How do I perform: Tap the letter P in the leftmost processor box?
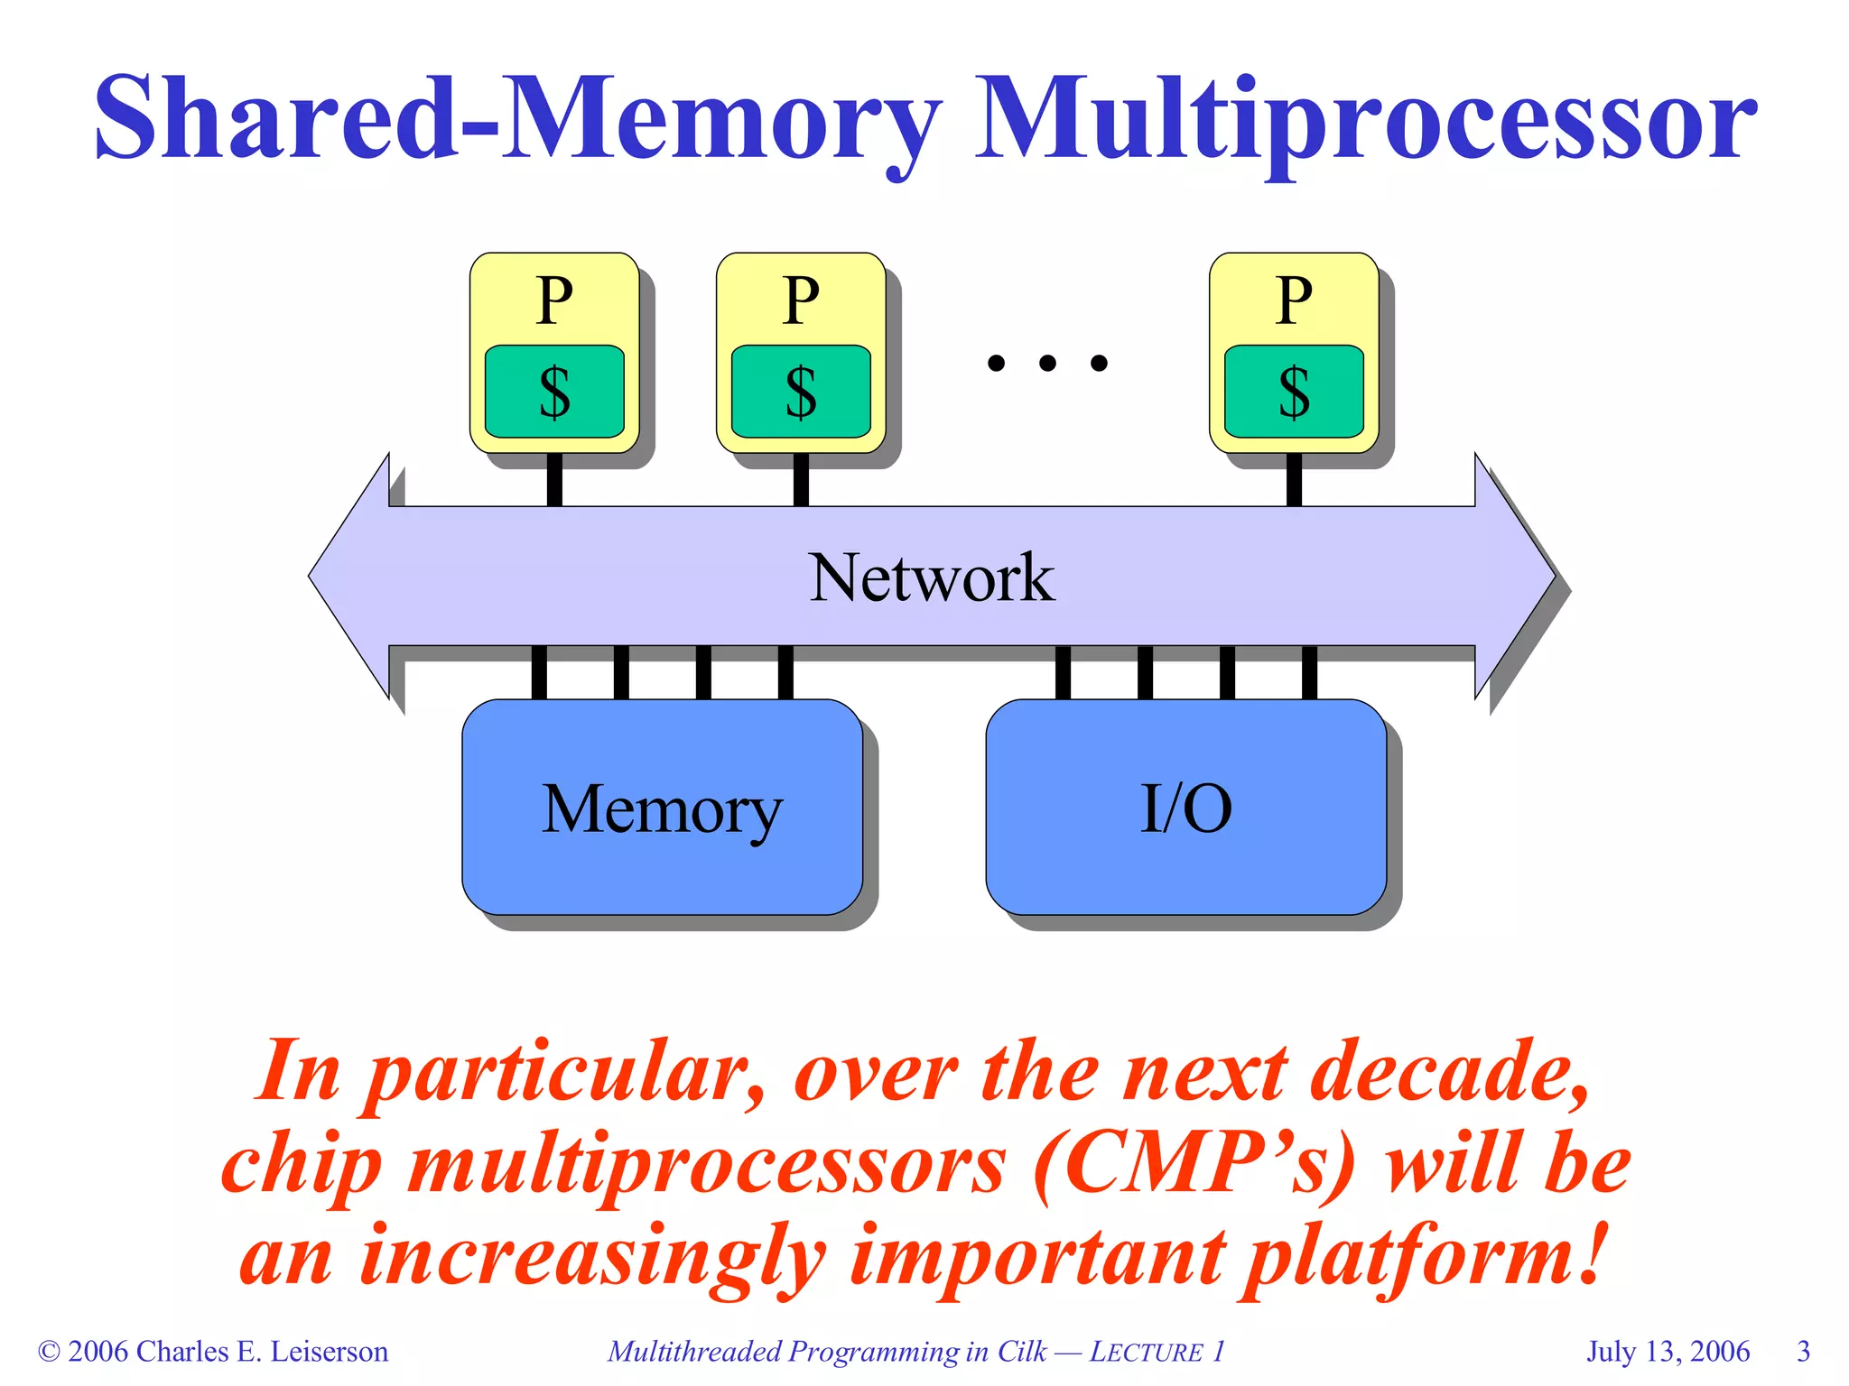click(x=554, y=300)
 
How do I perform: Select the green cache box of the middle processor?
click(x=801, y=392)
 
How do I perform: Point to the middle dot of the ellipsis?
click(x=1047, y=363)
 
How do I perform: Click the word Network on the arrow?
click(x=931, y=577)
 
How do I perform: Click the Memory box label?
click(x=662, y=809)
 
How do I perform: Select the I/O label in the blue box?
click(x=1185, y=809)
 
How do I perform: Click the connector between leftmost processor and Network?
click(x=554, y=480)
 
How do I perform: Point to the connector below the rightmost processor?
click(x=1294, y=480)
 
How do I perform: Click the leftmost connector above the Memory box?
click(x=539, y=673)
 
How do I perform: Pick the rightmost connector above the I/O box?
click(x=1309, y=673)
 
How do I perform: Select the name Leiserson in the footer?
click(x=330, y=1352)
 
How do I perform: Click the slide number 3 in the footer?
click(x=1803, y=1352)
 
